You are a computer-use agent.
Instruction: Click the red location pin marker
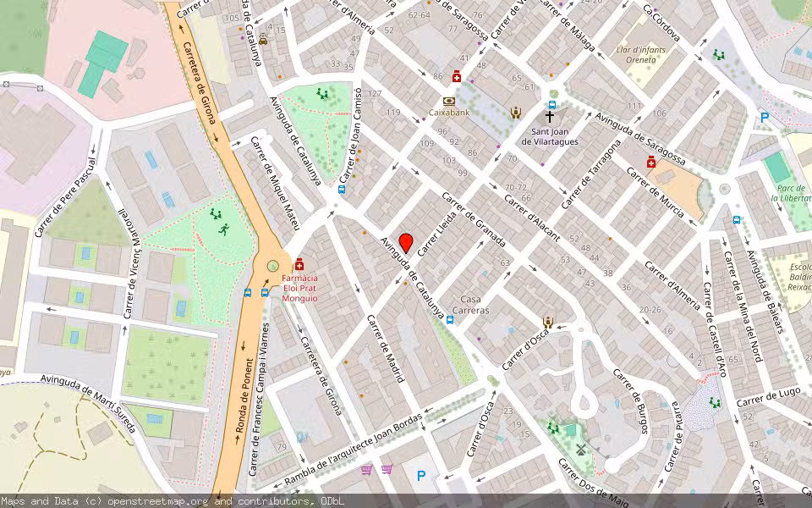pos(406,242)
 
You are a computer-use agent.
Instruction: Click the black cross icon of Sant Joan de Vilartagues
pos(550,117)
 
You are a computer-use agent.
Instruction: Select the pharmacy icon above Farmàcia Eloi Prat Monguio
pos(299,264)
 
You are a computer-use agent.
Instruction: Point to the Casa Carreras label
pos(474,305)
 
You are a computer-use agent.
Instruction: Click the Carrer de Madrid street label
pos(385,348)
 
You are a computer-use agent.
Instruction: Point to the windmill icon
pos(580,450)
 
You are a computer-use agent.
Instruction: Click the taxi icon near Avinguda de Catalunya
pos(263,40)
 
